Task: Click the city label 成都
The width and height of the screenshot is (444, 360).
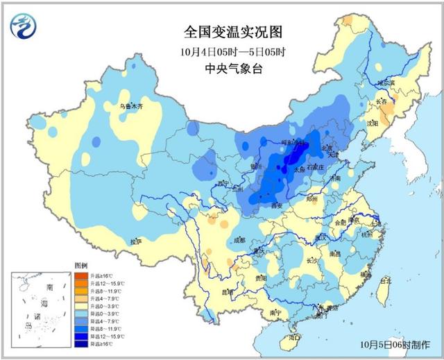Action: point(239,240)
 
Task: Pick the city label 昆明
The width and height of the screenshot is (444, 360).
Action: point(227,291)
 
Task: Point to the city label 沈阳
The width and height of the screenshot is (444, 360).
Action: point(373,123)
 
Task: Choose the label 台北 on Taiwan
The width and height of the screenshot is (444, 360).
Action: point(385,281)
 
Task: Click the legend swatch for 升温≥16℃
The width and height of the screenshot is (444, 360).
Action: point(80,276)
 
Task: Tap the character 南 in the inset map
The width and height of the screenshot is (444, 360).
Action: point(49,286)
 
